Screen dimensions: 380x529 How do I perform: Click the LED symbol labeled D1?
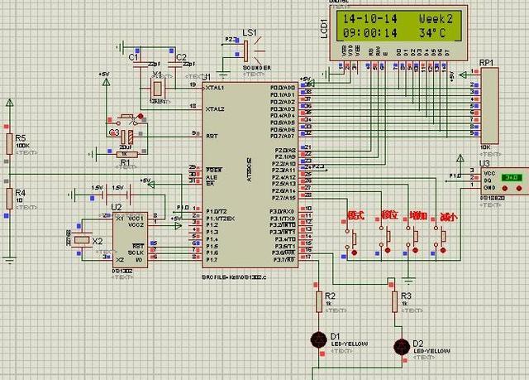click(x=318, y=338)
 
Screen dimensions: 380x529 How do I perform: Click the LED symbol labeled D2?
click(x=402, y=345)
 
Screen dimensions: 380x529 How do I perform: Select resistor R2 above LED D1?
click(x=318, y=302)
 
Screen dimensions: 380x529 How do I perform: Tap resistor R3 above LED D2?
click(x=393, y=302)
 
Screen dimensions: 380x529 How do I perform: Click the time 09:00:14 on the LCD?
click(x=369, y=33)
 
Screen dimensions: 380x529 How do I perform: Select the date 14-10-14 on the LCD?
click(x=369, y=17)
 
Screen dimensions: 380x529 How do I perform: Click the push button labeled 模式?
click(x=355, y=238)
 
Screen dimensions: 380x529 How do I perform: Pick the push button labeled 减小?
click(x=445, y=238)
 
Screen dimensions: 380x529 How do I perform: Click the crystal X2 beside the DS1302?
click(x=82, y=240)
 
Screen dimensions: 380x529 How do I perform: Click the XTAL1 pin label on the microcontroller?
click(x=215, y=87)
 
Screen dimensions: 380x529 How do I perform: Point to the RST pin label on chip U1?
click(x=211, y=134)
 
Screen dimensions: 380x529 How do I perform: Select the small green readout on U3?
click(x=512, y=176)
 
